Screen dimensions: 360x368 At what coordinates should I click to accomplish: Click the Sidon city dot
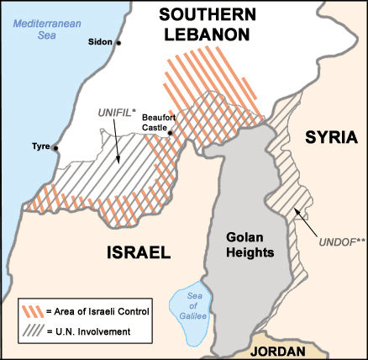tap(118, 42)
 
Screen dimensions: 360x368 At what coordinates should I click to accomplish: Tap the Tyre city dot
tap(55, 148)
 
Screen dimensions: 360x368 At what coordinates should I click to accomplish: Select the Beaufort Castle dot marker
tap(171, 132)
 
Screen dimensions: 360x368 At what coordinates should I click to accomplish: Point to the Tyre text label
tap(40, 146)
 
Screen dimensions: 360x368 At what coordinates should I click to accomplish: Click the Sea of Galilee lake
tap(189, 306)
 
